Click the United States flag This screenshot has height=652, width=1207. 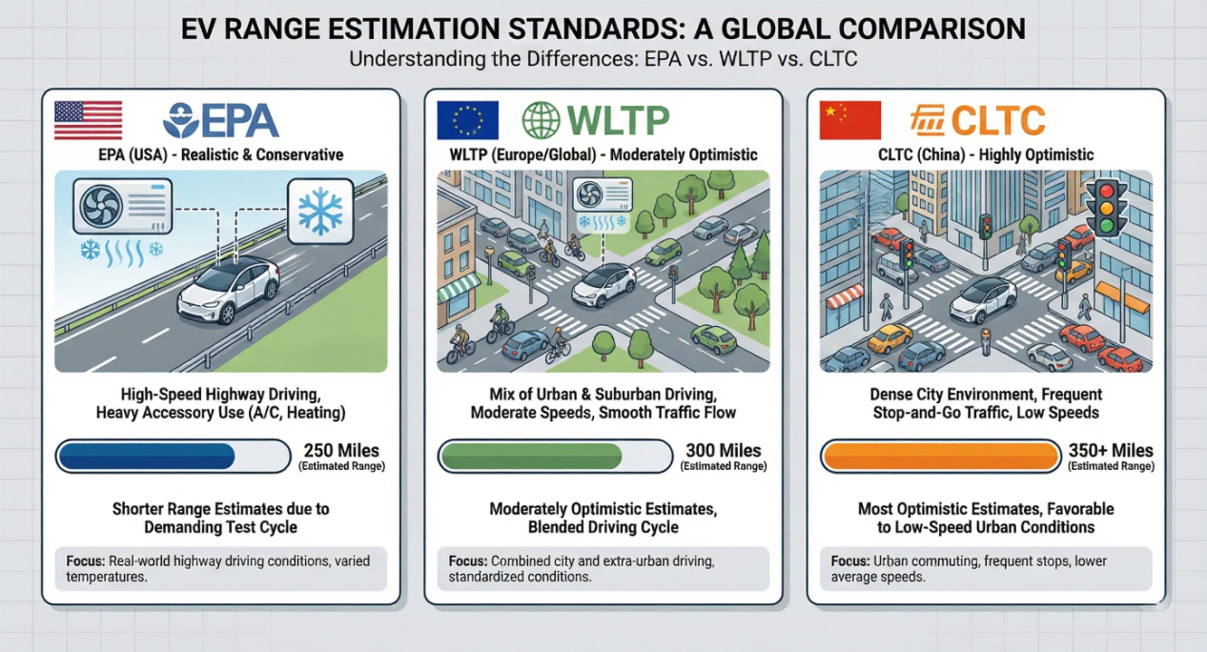88,120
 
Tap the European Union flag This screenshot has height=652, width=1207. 467,120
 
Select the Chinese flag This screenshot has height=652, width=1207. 849,120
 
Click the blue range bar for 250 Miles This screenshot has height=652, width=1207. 147,457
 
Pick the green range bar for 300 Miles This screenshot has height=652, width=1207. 528,457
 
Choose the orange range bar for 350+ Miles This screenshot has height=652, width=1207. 939,457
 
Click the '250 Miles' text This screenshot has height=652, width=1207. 340,451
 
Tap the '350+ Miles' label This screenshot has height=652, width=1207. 1111,451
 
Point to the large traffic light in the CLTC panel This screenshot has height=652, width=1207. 1106,208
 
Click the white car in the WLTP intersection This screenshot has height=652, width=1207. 604,284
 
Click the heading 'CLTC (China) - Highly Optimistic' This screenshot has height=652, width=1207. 986,154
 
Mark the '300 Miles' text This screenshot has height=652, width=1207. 724,451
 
